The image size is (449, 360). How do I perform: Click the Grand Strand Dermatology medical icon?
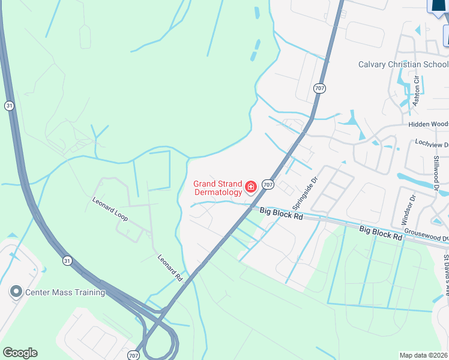pos(251,187)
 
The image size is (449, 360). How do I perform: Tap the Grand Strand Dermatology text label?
pos(218,188)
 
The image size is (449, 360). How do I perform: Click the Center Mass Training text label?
pos(65,292)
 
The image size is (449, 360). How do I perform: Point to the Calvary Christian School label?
pos(403,65)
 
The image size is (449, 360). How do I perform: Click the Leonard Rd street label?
pos(170,268)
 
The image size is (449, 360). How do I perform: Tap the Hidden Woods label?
pos(428,124)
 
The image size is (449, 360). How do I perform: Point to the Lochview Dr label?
pos(432,145)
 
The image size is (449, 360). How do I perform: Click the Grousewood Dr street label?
pos(426,238)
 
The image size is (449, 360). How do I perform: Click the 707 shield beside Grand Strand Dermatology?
pos(268,185)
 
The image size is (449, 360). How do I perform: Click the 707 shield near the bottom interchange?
pos(133,354)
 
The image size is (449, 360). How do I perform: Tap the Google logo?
pos(20,353)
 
